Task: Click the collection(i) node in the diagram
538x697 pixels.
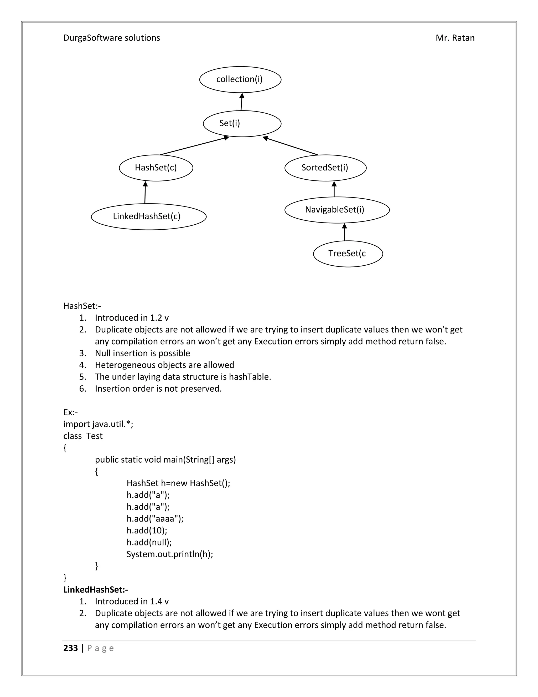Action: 240,79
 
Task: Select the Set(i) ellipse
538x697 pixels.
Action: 242,124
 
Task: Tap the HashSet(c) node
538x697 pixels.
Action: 156,168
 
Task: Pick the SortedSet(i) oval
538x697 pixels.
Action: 325,168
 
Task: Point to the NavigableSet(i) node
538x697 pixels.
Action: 337,210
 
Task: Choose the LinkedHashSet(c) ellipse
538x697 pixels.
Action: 148,216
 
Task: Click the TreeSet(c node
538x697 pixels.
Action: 348,254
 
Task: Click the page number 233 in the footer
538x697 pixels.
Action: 70,648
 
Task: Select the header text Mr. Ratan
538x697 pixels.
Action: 455,38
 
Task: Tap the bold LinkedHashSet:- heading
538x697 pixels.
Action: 95,589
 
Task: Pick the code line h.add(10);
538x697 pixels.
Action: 147,531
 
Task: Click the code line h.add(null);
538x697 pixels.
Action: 149,542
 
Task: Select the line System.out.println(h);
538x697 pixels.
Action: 169,554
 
